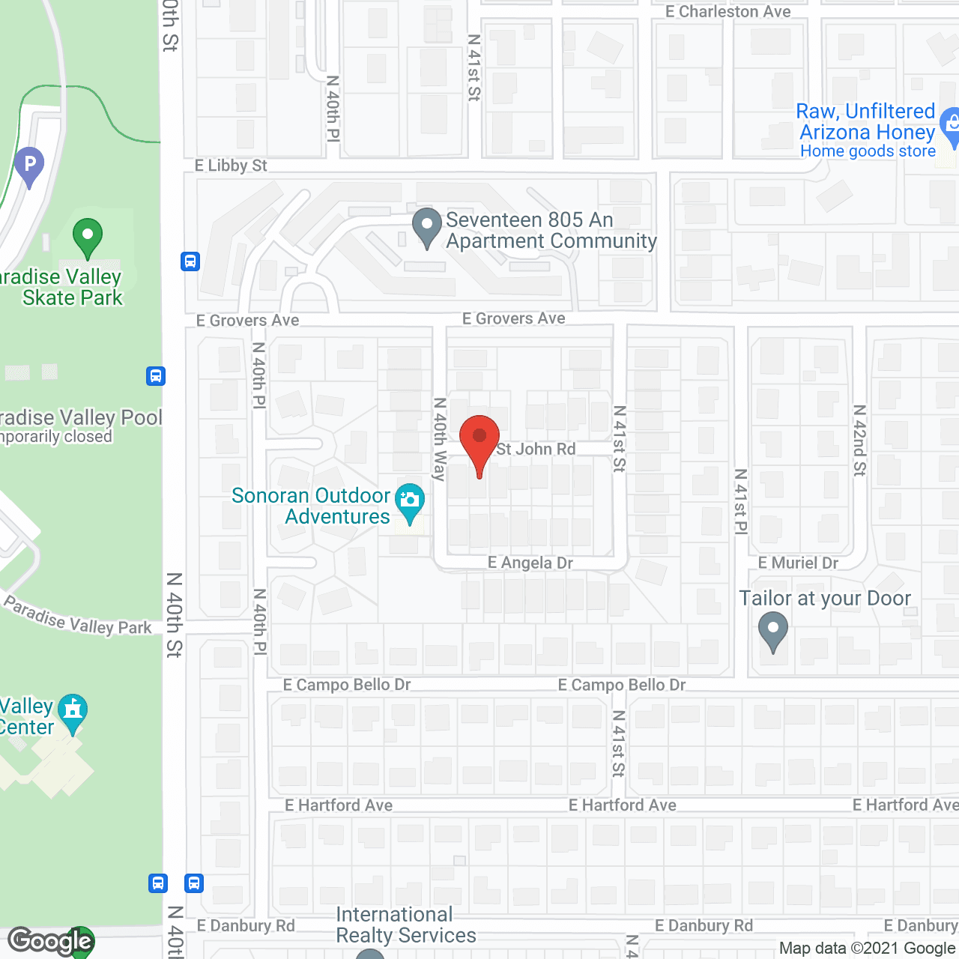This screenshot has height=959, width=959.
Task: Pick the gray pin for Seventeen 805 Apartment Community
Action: pos(427,226)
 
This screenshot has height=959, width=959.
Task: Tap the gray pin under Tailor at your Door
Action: pos(772,630)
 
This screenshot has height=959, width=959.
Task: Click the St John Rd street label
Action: pos(536,449)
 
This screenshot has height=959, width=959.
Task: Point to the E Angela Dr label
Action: pos(530,563)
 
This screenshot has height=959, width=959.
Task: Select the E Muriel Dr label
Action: pos(798,563)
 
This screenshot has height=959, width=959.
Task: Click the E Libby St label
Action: pos(231,166)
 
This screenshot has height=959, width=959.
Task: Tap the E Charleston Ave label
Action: pos(727,11)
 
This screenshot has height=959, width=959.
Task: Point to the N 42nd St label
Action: pos(859,440)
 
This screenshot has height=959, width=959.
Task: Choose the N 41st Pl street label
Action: pos(740,501)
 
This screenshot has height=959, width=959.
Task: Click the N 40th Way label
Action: pos(440,439)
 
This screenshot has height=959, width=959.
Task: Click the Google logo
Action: pos(50,941)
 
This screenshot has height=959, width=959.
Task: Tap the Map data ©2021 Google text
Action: pos(868,949)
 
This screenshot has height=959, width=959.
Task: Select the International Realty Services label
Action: pos(405,925)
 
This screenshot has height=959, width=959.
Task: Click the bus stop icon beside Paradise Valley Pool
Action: pos(156,375)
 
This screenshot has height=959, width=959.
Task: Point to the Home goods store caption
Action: pos(868,151)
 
